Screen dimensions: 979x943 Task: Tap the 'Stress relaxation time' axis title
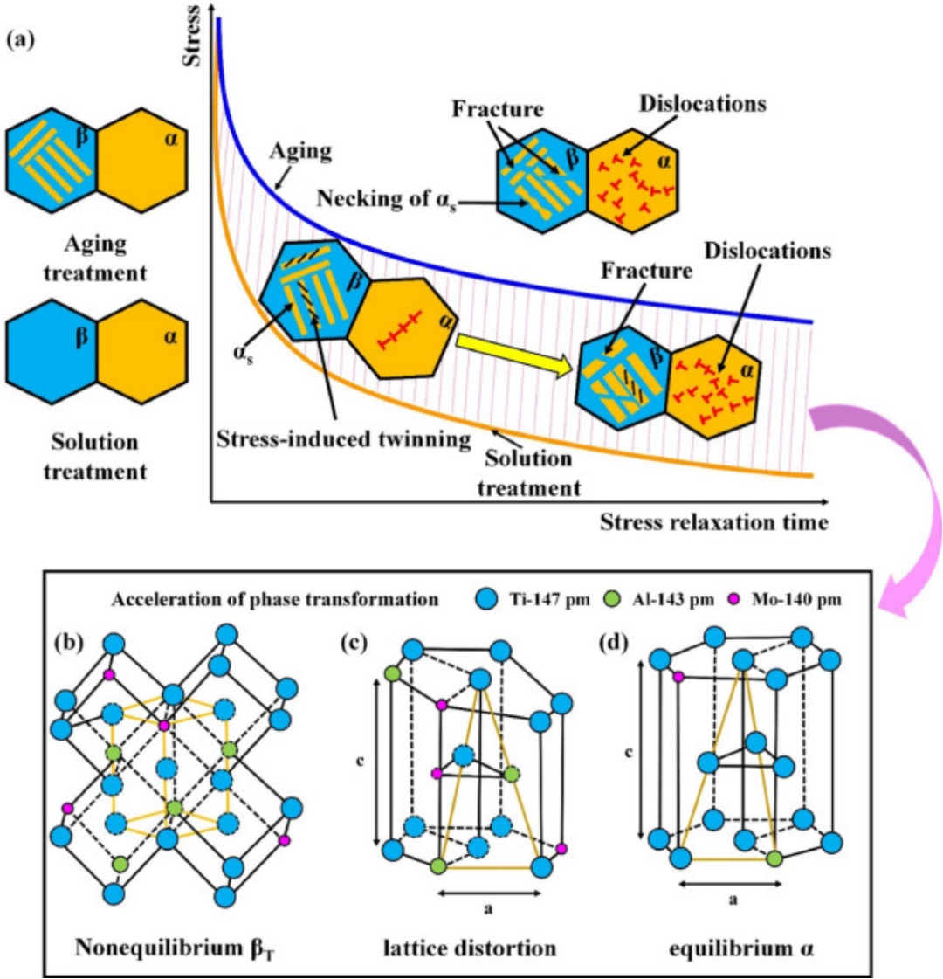pyautogui.click(x=713, y=522)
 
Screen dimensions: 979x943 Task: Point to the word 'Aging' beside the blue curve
pyautogui.click(x=299, y=150)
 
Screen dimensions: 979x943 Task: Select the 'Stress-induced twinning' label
pyautogui.click(x=342, y=439)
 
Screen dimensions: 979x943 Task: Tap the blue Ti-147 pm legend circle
pyautogui.click(x=485, y=600)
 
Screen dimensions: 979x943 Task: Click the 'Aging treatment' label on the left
pyautogui.click(x=96, y=258)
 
